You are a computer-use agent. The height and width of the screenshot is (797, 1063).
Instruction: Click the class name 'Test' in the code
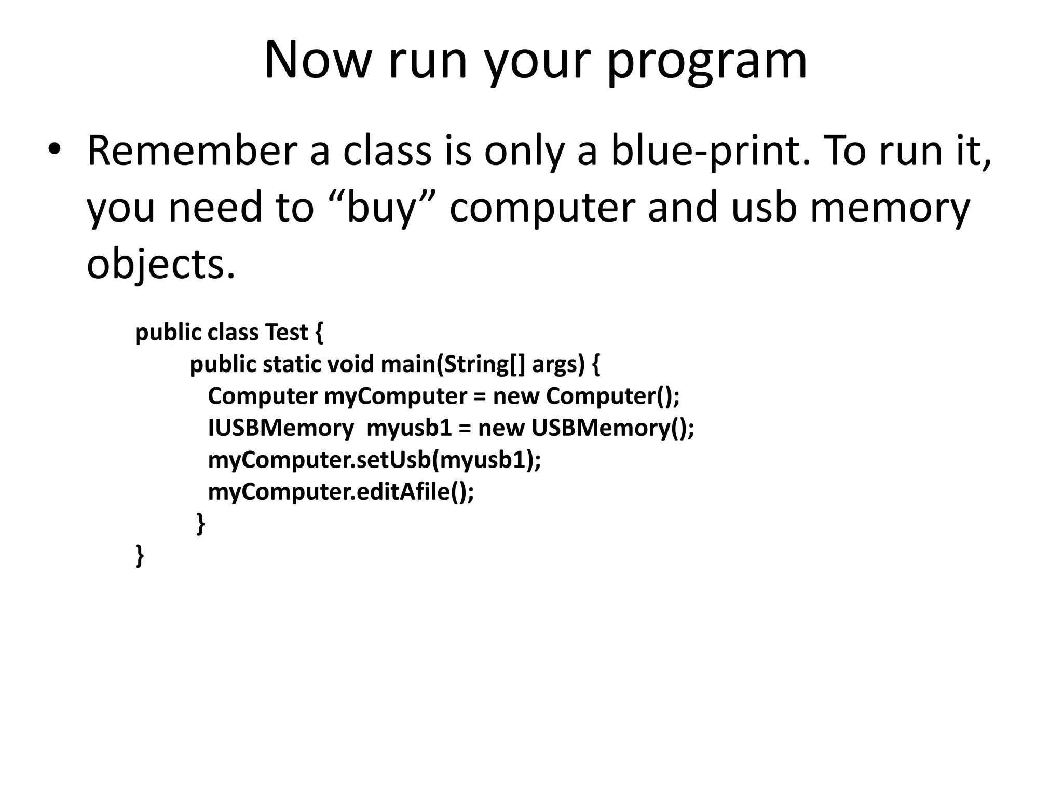287,332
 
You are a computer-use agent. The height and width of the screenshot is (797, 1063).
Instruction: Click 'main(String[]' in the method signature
453,364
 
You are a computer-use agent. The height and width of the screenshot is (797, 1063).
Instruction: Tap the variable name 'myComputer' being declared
396,396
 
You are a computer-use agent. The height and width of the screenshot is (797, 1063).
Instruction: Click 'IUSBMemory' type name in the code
281,429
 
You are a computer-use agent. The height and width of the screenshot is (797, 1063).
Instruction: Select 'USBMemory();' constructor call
612,429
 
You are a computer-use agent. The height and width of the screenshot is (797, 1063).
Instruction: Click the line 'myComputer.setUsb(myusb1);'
374,460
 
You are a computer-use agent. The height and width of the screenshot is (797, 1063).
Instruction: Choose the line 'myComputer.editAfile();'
341,492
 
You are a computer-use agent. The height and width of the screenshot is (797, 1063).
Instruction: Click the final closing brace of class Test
139,555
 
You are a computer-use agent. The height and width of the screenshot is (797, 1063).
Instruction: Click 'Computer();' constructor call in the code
612,396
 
